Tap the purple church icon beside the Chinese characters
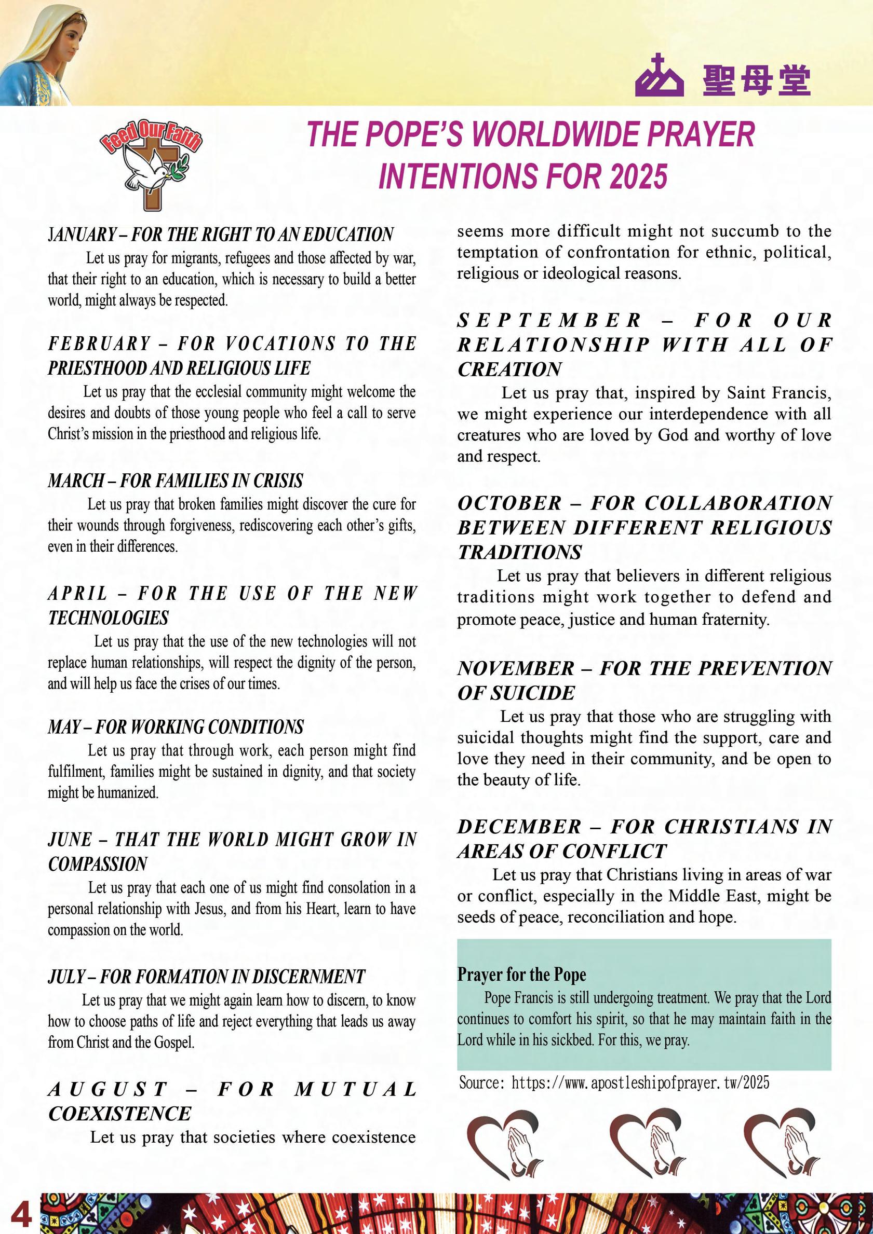point(659,77)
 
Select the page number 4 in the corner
point(19,1213)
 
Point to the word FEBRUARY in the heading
point(100,344)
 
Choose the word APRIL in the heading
point(78,593)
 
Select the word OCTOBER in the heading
point(509,503)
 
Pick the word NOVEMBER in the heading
point(516,668)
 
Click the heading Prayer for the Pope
point(521,975)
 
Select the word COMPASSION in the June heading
point(97,864)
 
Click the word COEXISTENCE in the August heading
point(119,1114)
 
